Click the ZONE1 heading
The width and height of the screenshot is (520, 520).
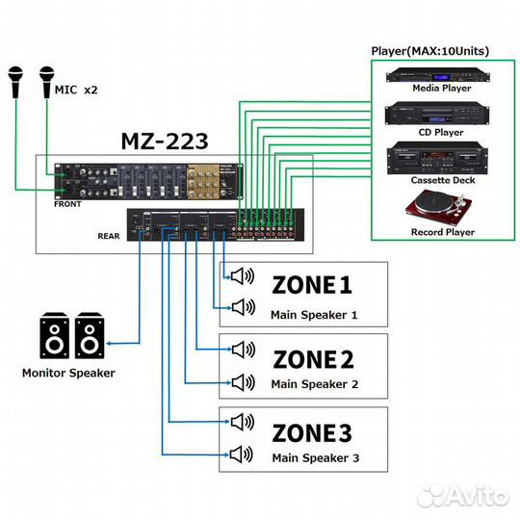pos(313,285)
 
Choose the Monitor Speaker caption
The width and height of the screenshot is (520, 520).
pos(68,373)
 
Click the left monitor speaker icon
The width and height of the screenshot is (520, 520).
pos(54,337)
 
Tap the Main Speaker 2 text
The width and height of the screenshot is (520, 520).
pos(314,384)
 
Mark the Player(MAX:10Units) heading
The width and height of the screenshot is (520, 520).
pos(430,50)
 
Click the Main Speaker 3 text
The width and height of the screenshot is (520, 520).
pos(314,457)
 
